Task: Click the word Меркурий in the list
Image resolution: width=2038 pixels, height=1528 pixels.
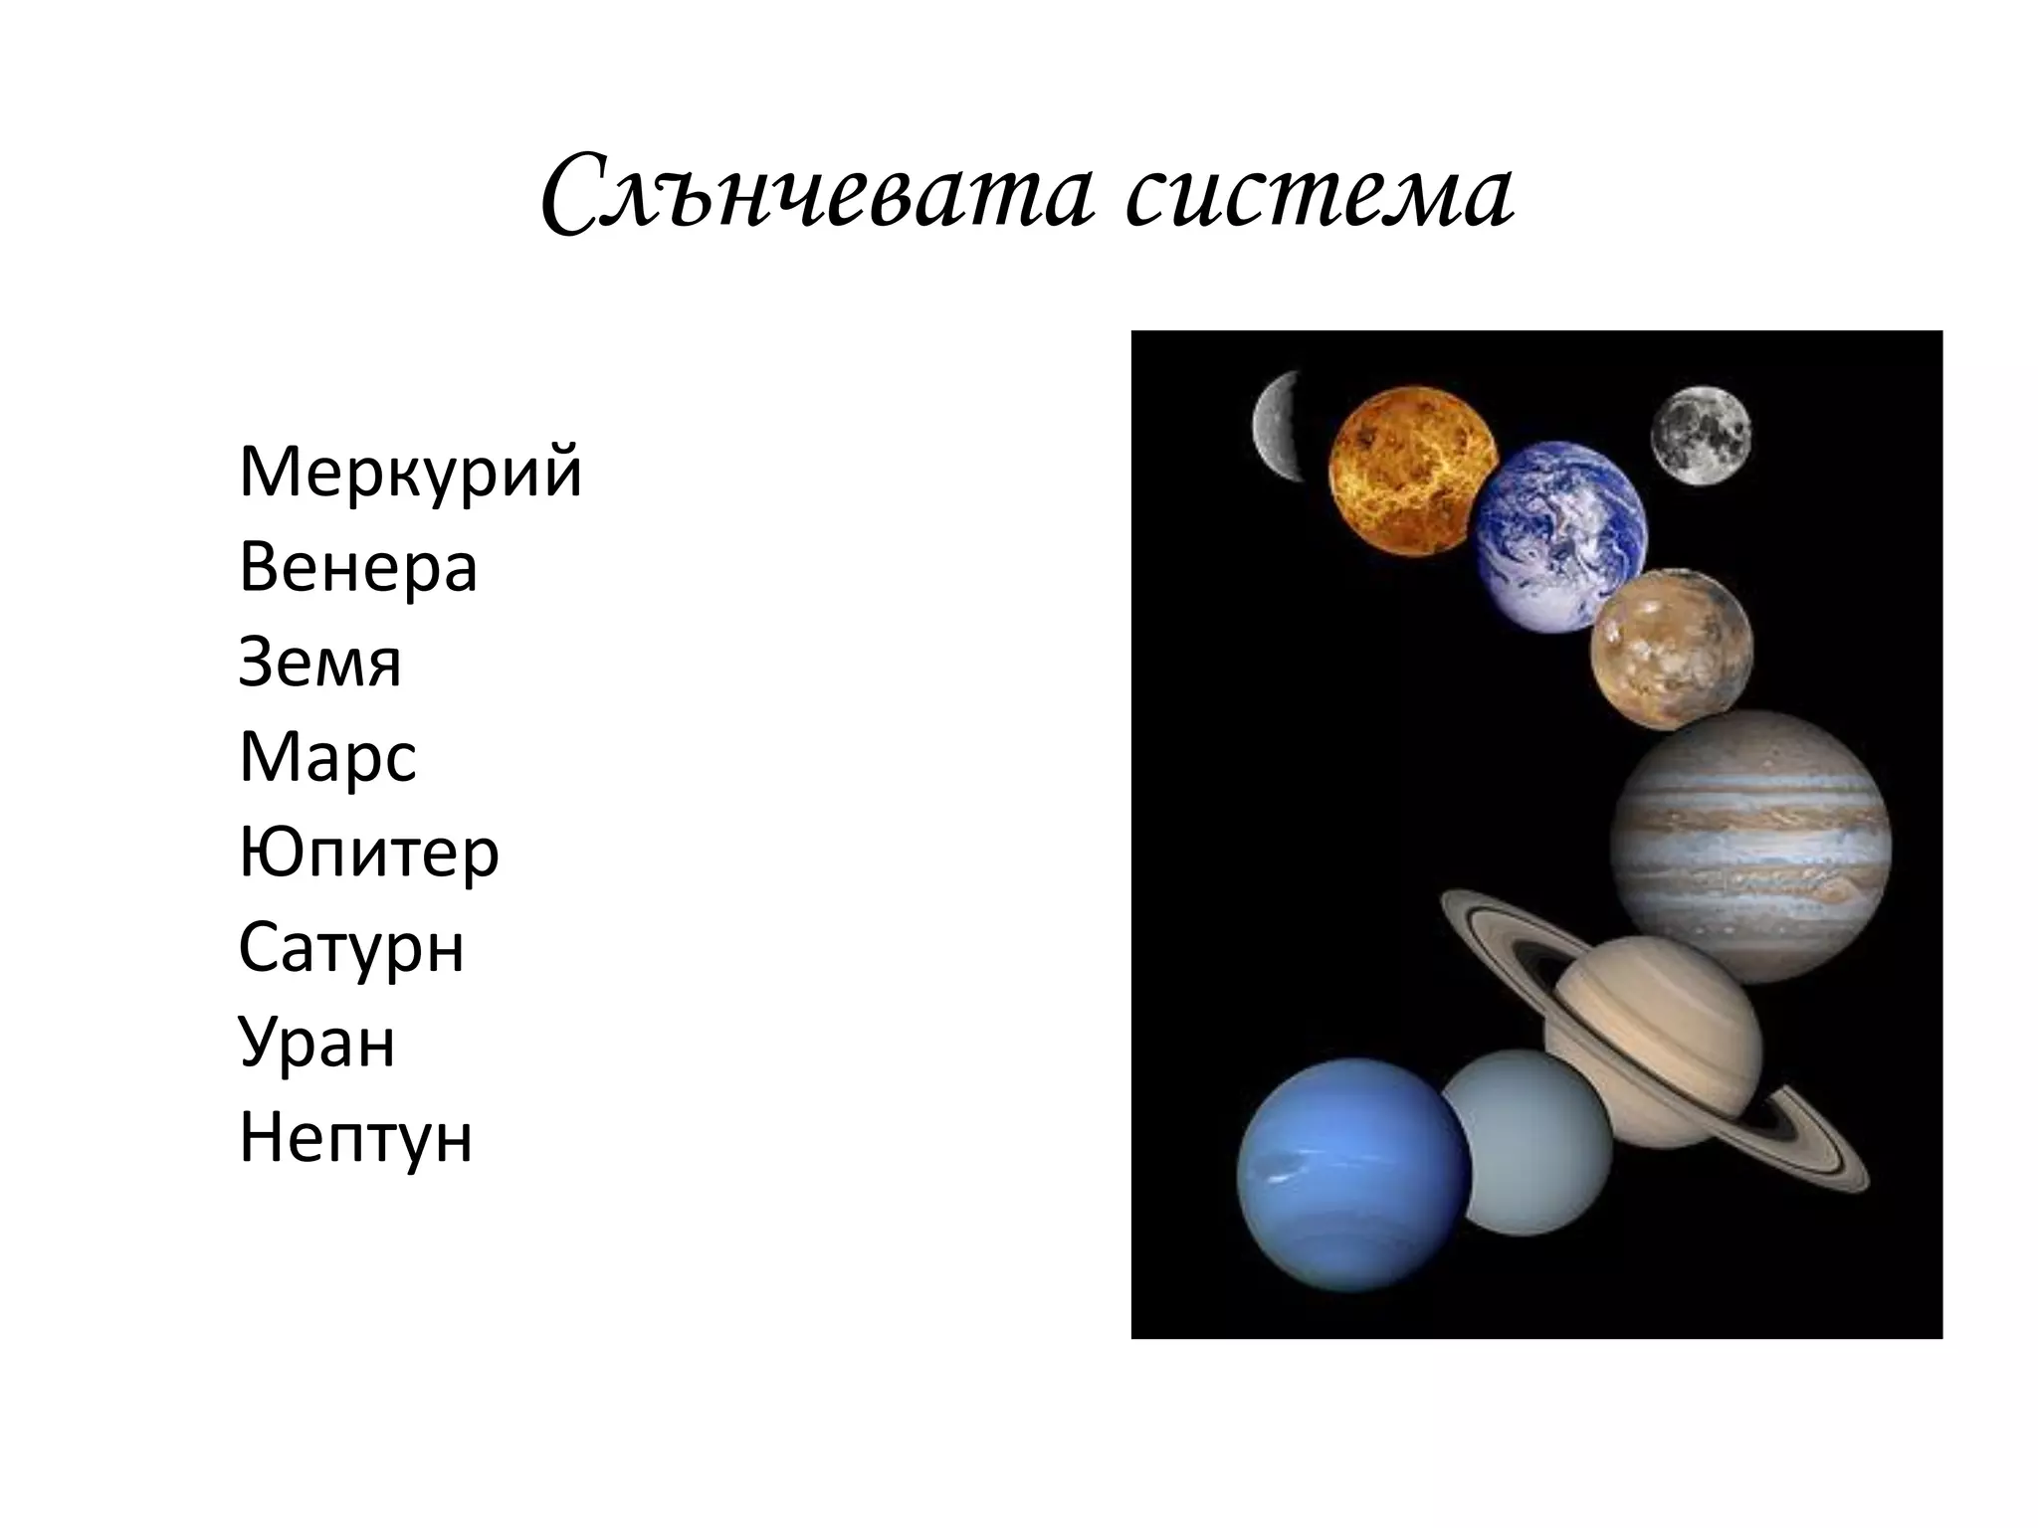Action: pos(410,474)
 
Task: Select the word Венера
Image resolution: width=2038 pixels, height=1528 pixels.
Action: pos(358,568)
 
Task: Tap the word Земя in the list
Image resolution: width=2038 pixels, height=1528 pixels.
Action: pos(319,663)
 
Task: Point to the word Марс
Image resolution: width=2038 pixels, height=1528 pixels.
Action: pos(327,758)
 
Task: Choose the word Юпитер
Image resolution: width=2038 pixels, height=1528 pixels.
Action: pos(368,853)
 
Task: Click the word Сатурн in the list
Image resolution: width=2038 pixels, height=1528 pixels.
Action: pos(351,948)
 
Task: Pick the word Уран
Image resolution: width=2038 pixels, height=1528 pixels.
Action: pos(316,1043)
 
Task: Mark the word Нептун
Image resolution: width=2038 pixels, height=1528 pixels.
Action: pos(355,1138)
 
